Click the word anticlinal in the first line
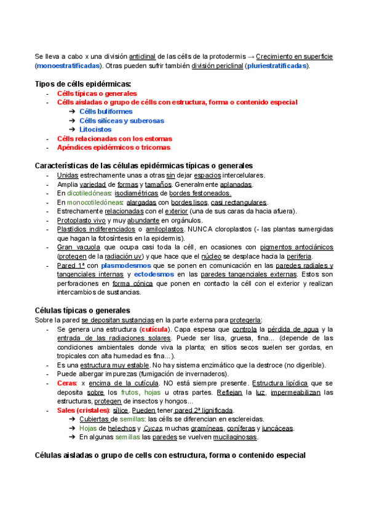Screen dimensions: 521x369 146,57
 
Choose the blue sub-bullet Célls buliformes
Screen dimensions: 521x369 106,111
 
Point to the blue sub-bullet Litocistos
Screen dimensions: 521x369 95,130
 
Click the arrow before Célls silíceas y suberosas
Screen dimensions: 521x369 73,120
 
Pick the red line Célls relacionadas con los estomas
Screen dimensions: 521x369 114,139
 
